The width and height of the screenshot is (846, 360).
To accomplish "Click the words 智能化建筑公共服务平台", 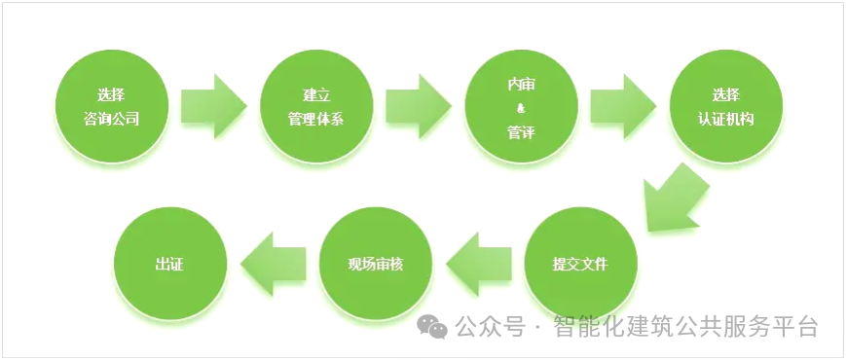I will (x=684, y=327).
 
